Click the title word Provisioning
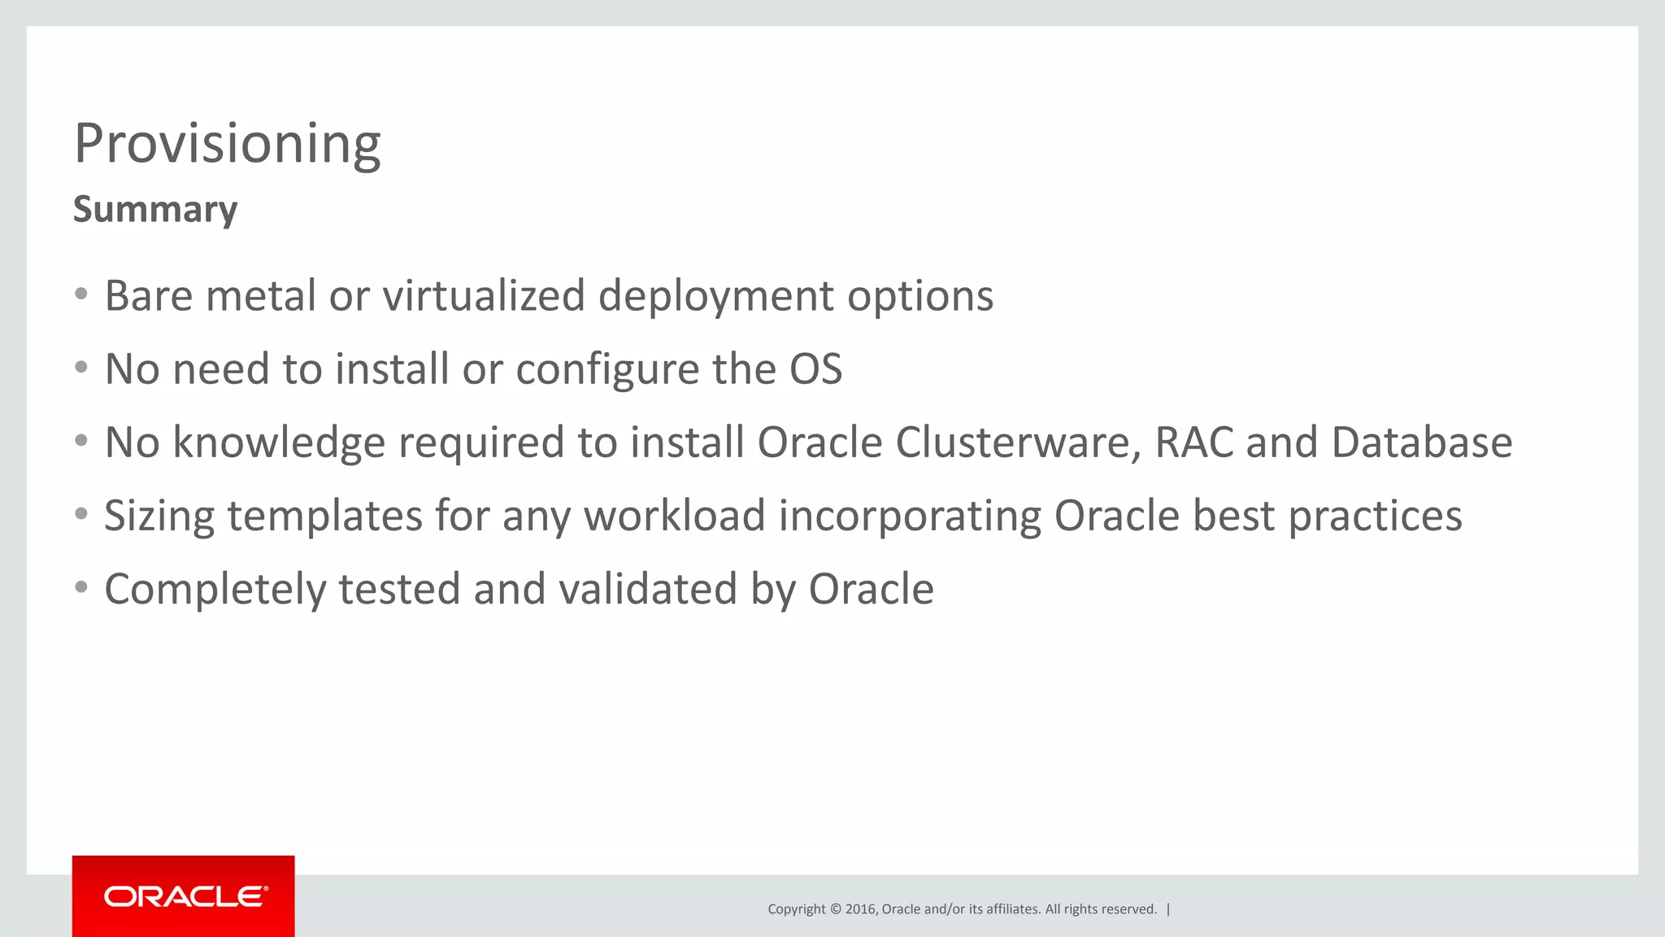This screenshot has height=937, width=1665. point(227,144)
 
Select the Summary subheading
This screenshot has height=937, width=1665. point(155,209)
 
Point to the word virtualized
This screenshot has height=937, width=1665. point(484,295)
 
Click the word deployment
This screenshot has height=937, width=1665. point(715,297)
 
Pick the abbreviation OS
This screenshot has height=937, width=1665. point(815,369)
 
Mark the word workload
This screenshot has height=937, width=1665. point(675,516)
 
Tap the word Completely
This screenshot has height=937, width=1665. point(215,590)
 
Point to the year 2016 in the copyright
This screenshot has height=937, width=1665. point(861,909)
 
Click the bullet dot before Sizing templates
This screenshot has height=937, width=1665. point(80,514)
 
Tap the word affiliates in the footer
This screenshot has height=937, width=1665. point(1011,909)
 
